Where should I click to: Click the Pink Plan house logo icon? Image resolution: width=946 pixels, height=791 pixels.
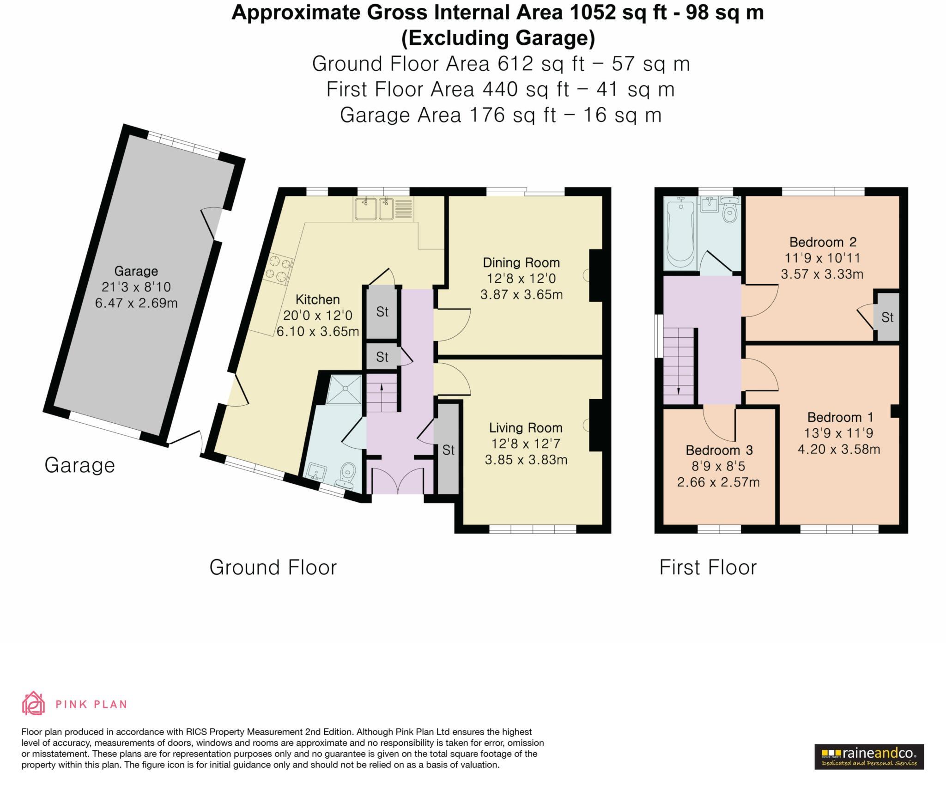(x=33, y=703)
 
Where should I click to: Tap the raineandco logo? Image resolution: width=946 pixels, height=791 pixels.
(x=869, y=756)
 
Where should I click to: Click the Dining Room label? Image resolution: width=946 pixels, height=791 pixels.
(x=521, y=262)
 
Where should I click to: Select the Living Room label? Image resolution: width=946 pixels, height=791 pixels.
(x=526, y=428)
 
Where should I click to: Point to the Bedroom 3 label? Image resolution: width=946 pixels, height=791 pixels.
(x=719, y=450)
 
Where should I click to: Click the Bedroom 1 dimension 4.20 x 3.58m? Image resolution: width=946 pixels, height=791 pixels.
(x=839, y=449)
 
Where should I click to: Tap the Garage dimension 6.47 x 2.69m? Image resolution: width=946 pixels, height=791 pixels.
(x=136, y=303)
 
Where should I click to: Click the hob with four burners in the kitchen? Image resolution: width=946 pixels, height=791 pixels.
(x=279, y=271)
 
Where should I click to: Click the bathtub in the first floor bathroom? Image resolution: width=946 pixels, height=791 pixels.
(x=680, y=234)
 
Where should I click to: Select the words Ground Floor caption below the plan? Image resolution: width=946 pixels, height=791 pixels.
(x=273, y=567)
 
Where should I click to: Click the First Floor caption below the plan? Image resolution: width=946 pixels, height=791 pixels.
(x=708, y=567)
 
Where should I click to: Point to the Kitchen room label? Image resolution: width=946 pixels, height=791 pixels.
(x=317, y=299)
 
